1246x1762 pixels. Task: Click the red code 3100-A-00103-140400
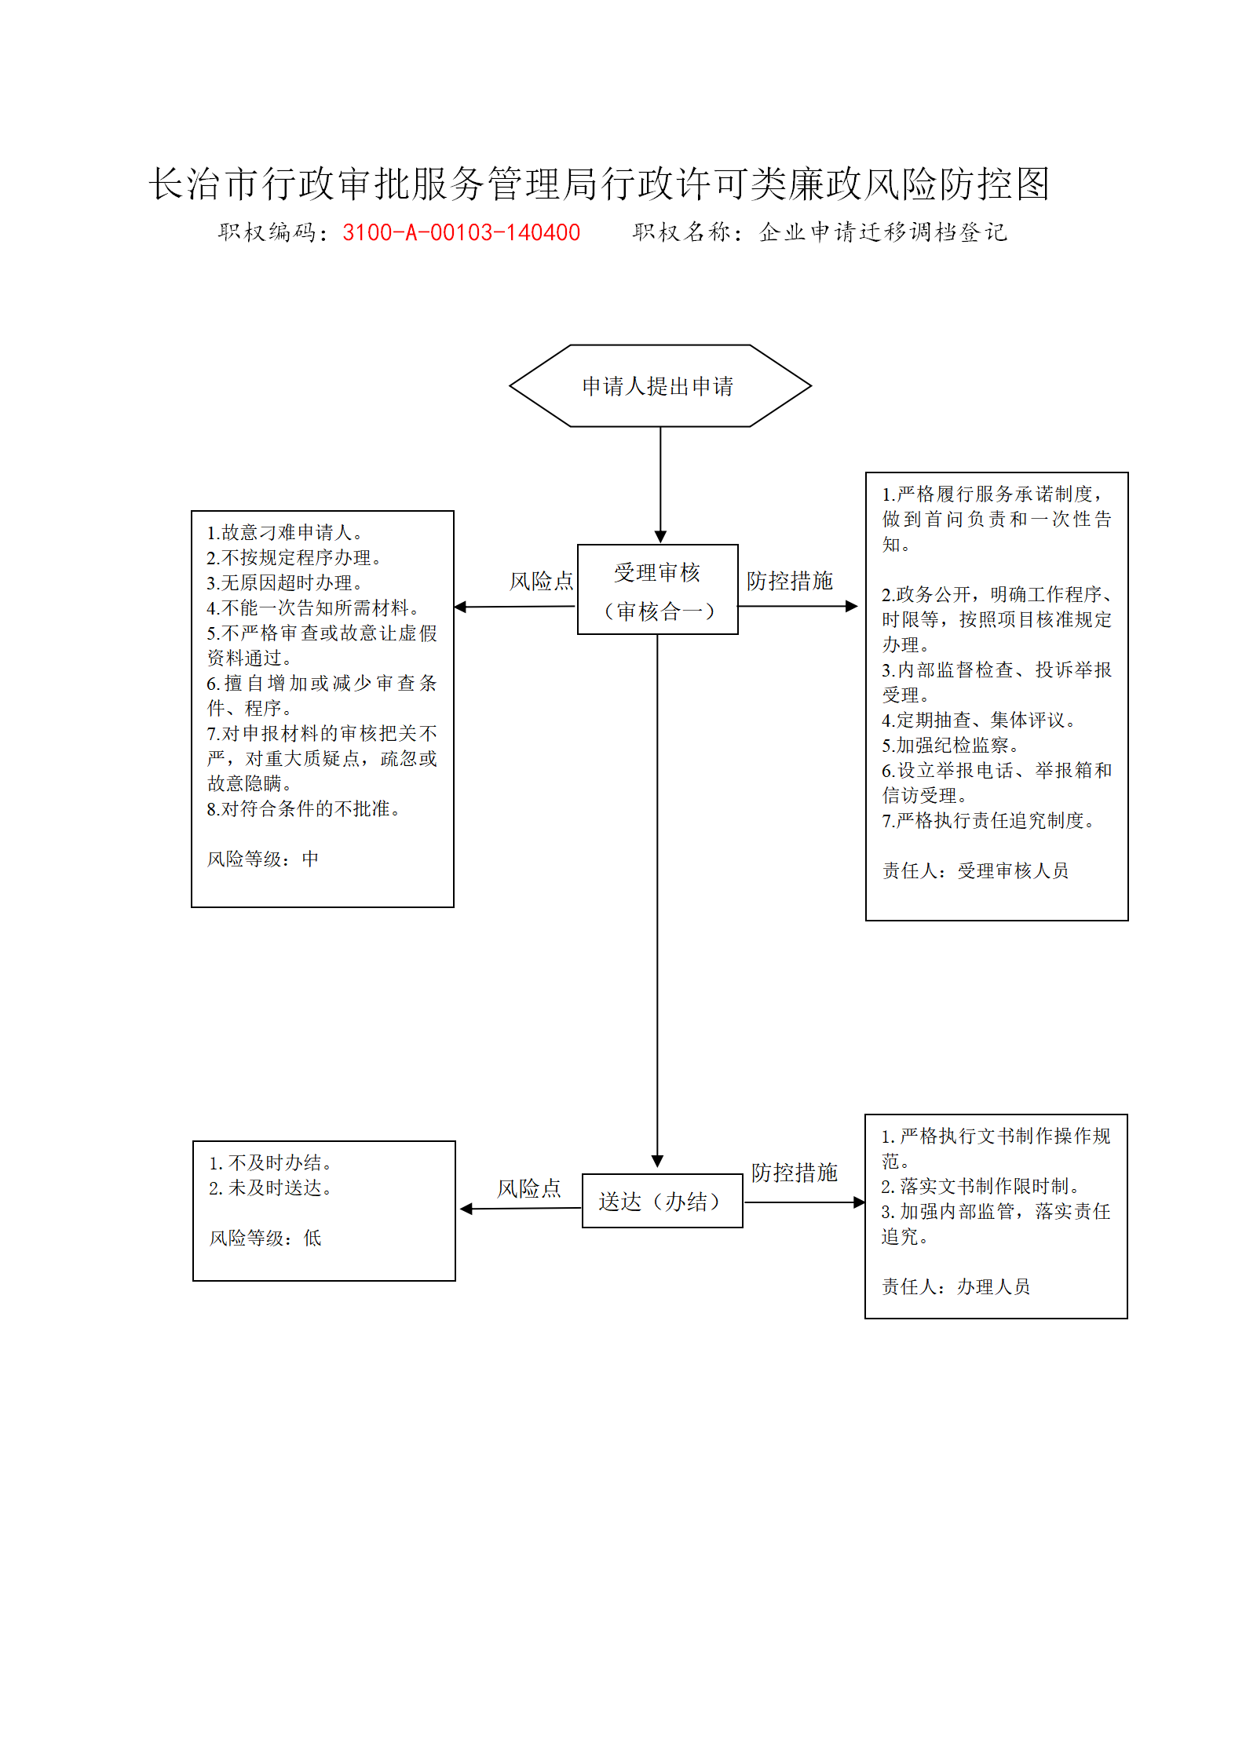tap(461, 232)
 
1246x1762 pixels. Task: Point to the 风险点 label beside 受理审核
tap(542, 581)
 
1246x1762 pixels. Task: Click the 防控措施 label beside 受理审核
tap(790, 581)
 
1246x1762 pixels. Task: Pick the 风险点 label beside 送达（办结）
tap(529, 1188)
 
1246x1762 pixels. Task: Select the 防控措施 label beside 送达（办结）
tap(795, 1173)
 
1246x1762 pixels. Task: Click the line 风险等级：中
tap(263, 859)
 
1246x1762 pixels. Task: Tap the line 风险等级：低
tap(265, 1238)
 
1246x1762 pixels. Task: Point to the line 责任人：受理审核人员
tap(975, 870)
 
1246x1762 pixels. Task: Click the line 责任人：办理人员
tap(956, 1286)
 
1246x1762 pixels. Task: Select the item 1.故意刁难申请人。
tap(285, 532)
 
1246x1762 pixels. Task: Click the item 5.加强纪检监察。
tap(951, 745)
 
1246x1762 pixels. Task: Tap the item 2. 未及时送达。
tap(271, 1187)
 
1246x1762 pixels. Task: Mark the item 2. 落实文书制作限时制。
tap(981, 1186)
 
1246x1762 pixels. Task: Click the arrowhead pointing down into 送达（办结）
tap(658, 1161)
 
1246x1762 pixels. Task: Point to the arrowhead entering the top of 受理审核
tap(660, 536)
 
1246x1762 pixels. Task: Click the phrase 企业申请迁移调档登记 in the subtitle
tap(883, 232)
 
